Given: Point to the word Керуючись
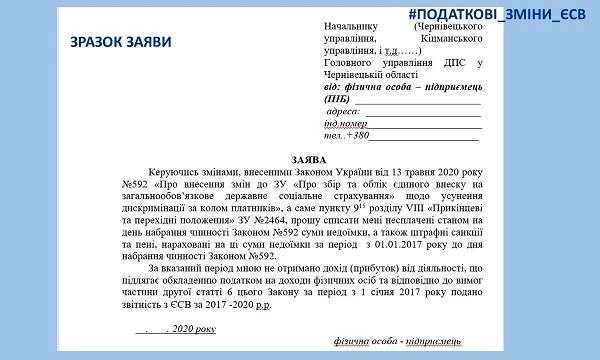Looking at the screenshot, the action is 179,173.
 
